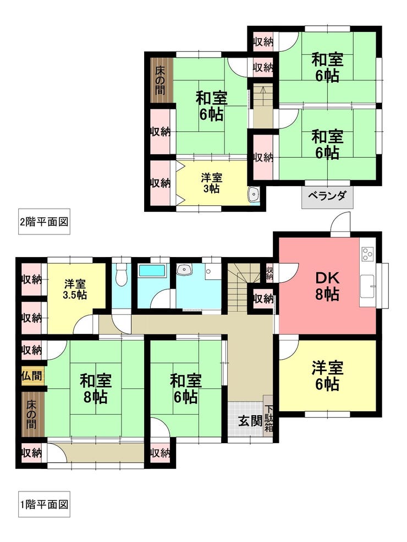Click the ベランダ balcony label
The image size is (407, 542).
pyautogui.click(x=327, y=196)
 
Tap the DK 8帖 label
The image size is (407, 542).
pyautogui.click(x=327, y=286)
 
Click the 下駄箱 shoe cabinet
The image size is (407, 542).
pyautogui.click(x=268, y=417)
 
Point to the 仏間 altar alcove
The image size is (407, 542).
pyautogui.click(x=32, y=376)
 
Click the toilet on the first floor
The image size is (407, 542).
pyautogui.click(x=121, y=275)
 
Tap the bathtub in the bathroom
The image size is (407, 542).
pyautogui.click(x=152, y=270)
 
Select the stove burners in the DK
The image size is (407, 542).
pyautogui.click(x=367, y=254)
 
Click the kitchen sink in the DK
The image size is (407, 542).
pyautogui.click(x=367, y=286)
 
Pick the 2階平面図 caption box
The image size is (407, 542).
pyautogui.click(x=45, y=221)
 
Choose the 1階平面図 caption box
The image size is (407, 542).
pyautogui.click(x=45, y=504)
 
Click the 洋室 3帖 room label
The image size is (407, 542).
pyautogui.click(x=211, y=183)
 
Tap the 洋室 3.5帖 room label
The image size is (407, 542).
pyautogui.click(x=75, y=289)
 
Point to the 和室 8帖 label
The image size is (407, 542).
pyautogui.click(x=96, y=389)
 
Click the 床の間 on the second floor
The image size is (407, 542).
pyautogui.click(x=160, y=80)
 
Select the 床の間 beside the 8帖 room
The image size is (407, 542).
pyautogui.click(x=32, y=414)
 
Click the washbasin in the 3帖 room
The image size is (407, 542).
pyautogui.click(x=254, y=194)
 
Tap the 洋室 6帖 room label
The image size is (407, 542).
pyautogui.click(x=327, y=376)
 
